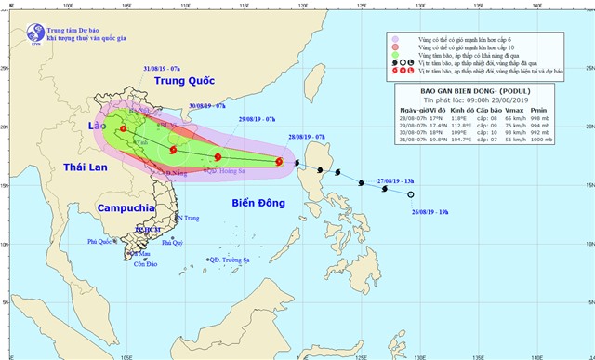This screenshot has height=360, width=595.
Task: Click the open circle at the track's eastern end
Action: pyautogui.click(x=411, y=194)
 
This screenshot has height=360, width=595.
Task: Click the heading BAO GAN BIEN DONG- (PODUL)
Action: pyautogui.click(x=471, y=92)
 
